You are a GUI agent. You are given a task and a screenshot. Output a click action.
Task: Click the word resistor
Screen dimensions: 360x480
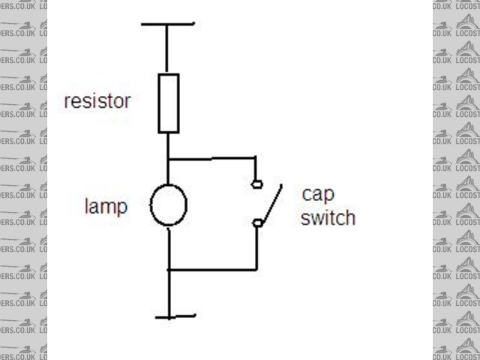(97, 100)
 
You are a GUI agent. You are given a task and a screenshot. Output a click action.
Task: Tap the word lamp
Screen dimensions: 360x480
(106, 206)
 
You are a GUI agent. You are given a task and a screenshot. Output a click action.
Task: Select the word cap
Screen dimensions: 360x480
(316, 194)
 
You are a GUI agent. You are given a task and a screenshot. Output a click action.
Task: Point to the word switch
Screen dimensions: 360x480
(328, 219)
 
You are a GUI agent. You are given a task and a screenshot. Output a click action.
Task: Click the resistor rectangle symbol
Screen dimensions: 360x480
(169, 103)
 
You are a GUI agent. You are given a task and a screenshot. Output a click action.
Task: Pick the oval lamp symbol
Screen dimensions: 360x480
(169, 205)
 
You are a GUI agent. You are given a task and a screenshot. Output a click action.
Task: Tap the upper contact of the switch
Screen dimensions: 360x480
(257, 184)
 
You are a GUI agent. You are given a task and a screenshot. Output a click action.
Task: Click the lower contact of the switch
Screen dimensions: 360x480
(257, 223)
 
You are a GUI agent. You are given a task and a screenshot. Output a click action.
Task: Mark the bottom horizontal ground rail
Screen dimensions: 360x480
(174, 316)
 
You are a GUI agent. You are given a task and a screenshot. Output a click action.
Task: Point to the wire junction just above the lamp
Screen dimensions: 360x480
(169, 159)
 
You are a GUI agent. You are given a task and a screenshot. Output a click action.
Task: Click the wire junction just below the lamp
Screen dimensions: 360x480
(169, 268)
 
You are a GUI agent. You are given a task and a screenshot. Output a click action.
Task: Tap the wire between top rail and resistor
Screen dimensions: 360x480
(169, 49)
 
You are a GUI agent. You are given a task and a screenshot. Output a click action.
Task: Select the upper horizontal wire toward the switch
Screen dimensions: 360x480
(211, 159)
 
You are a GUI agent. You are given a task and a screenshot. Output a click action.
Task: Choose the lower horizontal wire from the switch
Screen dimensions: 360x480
(214, 268)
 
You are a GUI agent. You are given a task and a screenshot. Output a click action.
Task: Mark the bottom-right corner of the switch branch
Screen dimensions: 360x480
(257, 268)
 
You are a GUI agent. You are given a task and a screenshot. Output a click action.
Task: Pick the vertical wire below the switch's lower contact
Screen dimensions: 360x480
(257, 246)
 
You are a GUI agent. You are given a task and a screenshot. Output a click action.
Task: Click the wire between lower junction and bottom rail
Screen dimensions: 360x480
(169, 292)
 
